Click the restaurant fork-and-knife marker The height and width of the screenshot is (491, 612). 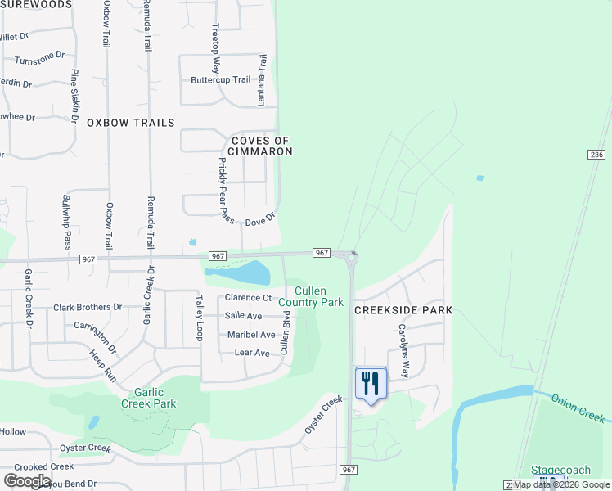pyautogui.click(x=371, y=382)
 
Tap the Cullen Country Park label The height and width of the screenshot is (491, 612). pyautogui.click(x=311, y=296)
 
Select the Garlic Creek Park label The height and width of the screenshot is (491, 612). pyautogui.click(x=149, y=398)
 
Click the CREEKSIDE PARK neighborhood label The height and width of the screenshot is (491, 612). pyautogui.click(x=403, y=311)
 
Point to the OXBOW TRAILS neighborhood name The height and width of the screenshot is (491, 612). pyautogui.click(x=131, y=123)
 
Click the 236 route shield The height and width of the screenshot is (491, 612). pyautogui.click(x=596, y=155)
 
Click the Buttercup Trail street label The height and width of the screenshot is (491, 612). pyautogui.click(x=220, y=80)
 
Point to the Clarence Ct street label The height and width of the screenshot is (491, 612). pyautogui.click(x=248, y=298)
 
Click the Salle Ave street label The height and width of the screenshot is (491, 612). pyautogui.click(x=243, y=316)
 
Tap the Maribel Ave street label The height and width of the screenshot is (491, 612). pyautogui.click(x=251, y=335)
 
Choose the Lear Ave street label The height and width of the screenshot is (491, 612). pyautogui.click(x=251, y=353)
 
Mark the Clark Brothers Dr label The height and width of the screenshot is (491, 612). pyautogui.click(x=88, y=308)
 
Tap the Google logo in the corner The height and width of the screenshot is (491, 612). pyautogui.click(x=27, y=480)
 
